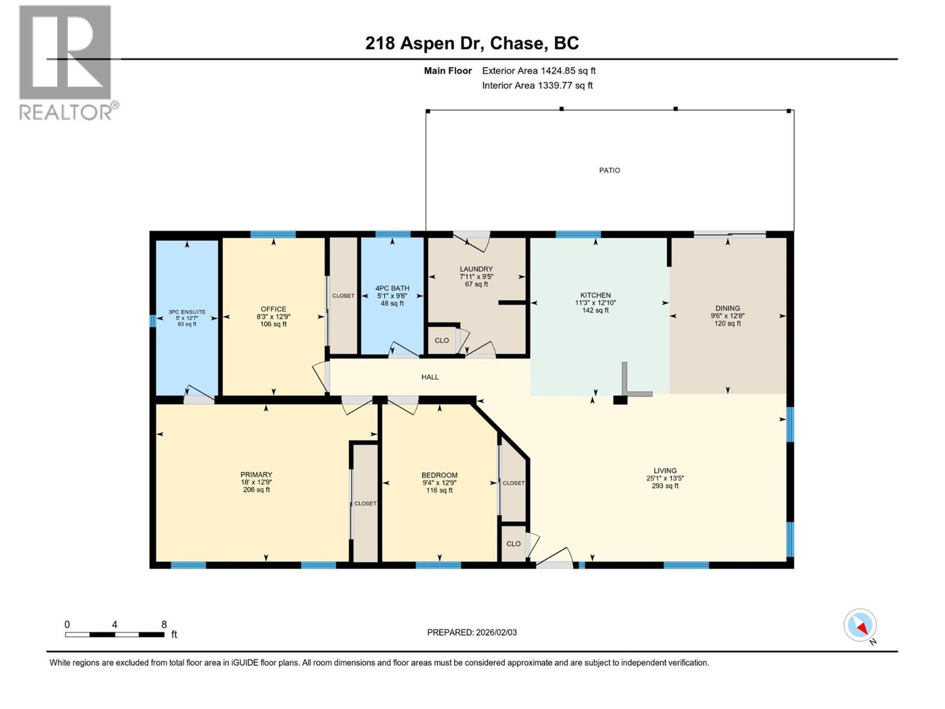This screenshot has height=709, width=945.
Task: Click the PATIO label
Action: click(610, 170)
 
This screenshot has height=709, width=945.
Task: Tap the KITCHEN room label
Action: click(595, 295)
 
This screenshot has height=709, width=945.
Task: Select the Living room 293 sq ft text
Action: click(665, 486)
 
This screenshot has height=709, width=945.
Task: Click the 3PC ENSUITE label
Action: click(187, 312)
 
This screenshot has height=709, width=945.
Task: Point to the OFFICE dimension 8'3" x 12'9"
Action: click(273, 317)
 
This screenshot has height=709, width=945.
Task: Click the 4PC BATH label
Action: click(392, 288)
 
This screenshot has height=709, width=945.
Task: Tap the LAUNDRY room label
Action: click(476, 269)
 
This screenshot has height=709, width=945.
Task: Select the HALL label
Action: click(430, 377)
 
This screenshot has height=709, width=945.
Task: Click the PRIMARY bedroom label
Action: click(256, 474)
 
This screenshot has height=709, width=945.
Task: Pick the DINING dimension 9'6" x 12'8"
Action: click(728, 316)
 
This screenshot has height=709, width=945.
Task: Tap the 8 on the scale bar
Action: click(164, 625)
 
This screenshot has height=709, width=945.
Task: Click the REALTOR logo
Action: click(66, 62)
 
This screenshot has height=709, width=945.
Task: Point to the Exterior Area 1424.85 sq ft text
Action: click(539, 71)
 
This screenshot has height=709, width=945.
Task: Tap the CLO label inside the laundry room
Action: click(442, 340)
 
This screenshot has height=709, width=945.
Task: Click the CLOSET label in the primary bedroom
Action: click(365, 503)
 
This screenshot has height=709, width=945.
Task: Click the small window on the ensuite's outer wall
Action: click(153, 321)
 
